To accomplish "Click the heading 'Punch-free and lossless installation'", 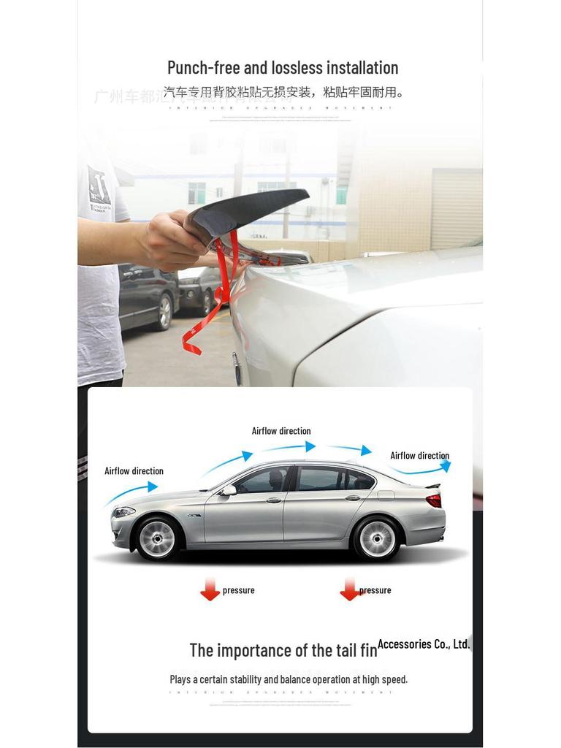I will pos(283,68).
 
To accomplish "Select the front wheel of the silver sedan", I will pos(157,538).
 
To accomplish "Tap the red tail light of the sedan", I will pos(434,500).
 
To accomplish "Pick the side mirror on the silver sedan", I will pos(229,490).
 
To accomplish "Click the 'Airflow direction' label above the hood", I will pos(134,471).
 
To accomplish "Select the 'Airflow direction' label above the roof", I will pos(281,431).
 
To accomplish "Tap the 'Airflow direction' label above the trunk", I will pos(419,456).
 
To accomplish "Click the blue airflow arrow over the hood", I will pos(131,493).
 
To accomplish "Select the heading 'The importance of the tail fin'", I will pos(283,650).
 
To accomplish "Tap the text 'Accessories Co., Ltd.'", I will pos(424,644).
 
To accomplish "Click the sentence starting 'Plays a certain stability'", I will pos(289,679).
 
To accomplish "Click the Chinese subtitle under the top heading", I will pos(283,92).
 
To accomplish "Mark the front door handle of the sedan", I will pos(273,500).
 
